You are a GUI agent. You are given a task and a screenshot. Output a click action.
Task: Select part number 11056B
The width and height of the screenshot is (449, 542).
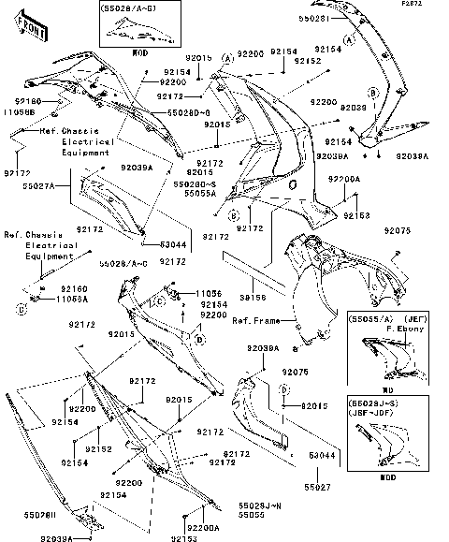tap(24, 110)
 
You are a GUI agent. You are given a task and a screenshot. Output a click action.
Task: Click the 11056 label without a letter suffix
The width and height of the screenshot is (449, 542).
tap(210, 294)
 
